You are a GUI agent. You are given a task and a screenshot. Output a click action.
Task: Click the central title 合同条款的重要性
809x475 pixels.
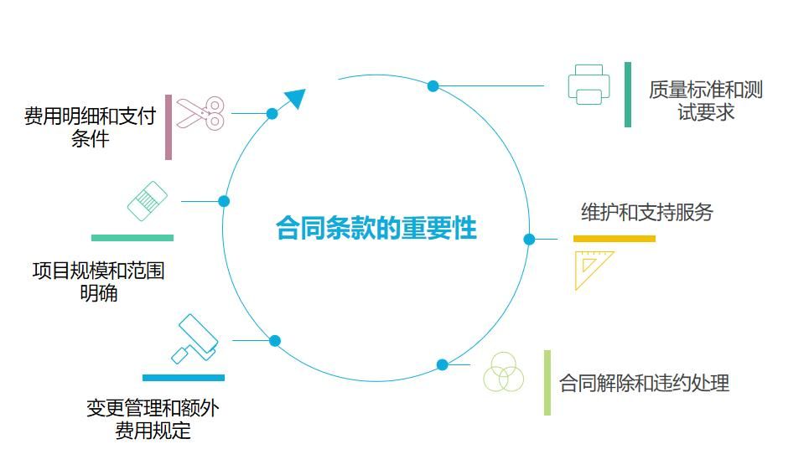376,229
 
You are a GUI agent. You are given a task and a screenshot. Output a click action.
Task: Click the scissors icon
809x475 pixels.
200,113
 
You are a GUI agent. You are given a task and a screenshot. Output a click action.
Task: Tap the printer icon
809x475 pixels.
589,85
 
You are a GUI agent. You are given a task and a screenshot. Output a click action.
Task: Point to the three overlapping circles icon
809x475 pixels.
503,373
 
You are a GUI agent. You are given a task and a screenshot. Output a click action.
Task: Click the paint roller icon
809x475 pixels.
194,338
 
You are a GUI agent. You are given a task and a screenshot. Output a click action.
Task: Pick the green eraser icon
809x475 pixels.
148,201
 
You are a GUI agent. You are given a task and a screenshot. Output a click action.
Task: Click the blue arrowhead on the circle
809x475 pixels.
294,99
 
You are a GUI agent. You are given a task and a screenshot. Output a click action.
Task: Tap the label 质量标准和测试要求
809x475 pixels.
705,101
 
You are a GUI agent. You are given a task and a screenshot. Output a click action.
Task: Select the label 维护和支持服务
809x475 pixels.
646,212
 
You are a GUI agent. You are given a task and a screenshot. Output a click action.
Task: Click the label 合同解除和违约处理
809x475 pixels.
644,383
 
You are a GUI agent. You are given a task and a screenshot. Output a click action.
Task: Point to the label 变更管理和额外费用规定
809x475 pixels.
153,419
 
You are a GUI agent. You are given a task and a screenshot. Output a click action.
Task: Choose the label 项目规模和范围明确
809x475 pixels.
98,281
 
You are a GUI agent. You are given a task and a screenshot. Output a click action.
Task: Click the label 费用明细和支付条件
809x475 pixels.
90,127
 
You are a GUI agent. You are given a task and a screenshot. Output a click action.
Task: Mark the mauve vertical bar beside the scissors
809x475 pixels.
169,127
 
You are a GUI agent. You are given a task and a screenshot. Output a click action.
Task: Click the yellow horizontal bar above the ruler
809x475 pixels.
614,239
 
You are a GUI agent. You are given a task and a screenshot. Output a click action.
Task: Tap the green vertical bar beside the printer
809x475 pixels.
628,95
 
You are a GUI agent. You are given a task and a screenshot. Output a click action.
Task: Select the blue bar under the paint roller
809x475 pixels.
183,378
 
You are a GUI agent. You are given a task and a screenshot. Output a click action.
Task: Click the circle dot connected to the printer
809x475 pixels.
433,85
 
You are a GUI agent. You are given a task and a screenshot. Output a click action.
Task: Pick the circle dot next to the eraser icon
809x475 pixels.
224,201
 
